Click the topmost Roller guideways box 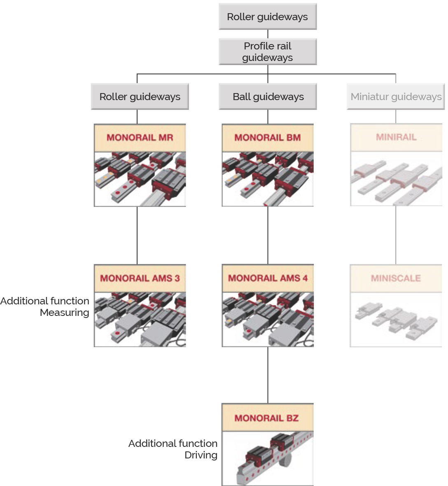click(x=268, y=17)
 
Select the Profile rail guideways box click(x=268, y=52)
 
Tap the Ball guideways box click(x=268, y=97)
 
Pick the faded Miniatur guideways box click(x=396, y=97)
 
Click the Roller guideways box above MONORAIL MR click(x=140, y=97)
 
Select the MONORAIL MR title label click(x=140, y=138)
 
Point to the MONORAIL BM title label click(x=268, y=138)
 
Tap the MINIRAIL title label click(x=396, y=138)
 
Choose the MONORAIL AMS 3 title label click(x=140, y=278)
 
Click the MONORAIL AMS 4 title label click(x=268, y=278)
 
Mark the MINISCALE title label click(x=396, y=278)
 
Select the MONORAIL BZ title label click(x=267, y=418)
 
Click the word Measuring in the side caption click(x=65, y=313)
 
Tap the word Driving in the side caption click(x=201, y=455)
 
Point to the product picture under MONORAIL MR click(x=140, y=179)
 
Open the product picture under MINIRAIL click(x=396, y=179)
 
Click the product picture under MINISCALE click(x=396, y=320)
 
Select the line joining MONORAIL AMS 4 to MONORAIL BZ click(x=268, y=375)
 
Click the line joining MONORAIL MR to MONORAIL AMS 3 click(x=137, y=235)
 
